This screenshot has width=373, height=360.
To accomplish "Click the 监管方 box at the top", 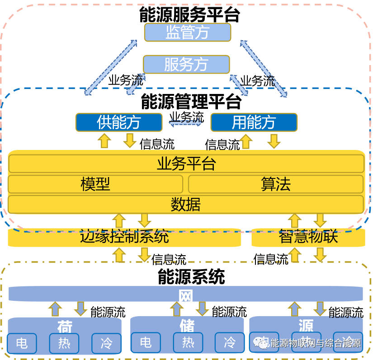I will (187, 33).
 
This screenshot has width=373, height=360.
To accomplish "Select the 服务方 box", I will (186, 65).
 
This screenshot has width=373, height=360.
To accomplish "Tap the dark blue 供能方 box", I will (118, 122).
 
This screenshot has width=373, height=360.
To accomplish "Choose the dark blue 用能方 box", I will (254, 122).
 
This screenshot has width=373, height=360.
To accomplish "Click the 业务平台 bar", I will (186, 164).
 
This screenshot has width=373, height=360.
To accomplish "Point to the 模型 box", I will (95, 184).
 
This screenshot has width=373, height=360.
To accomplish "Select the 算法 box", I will (275, 184).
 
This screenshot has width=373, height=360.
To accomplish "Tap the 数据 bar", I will (186, 205).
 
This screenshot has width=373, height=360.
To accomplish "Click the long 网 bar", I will (186, 296).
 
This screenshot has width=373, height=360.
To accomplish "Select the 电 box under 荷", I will (22, 343).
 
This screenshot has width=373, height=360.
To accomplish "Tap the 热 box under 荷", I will (64, 343).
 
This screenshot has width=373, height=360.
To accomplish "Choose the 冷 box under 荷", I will (106, 343).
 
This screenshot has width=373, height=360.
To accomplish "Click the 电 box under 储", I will (146, 342).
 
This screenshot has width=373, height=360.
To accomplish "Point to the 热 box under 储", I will (188, 342).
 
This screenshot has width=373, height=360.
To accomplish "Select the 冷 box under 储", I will (229, 342).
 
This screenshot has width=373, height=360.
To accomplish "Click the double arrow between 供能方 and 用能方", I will (186, 122).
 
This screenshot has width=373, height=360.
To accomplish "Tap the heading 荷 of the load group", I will (65, 326).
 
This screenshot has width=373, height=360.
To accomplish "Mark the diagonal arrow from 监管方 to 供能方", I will (111, 67).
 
